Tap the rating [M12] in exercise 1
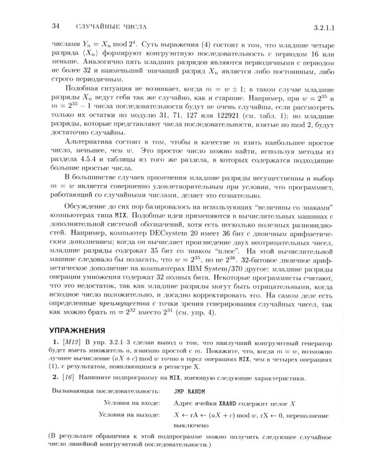(69, 343)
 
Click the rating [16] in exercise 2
(68, 378)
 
